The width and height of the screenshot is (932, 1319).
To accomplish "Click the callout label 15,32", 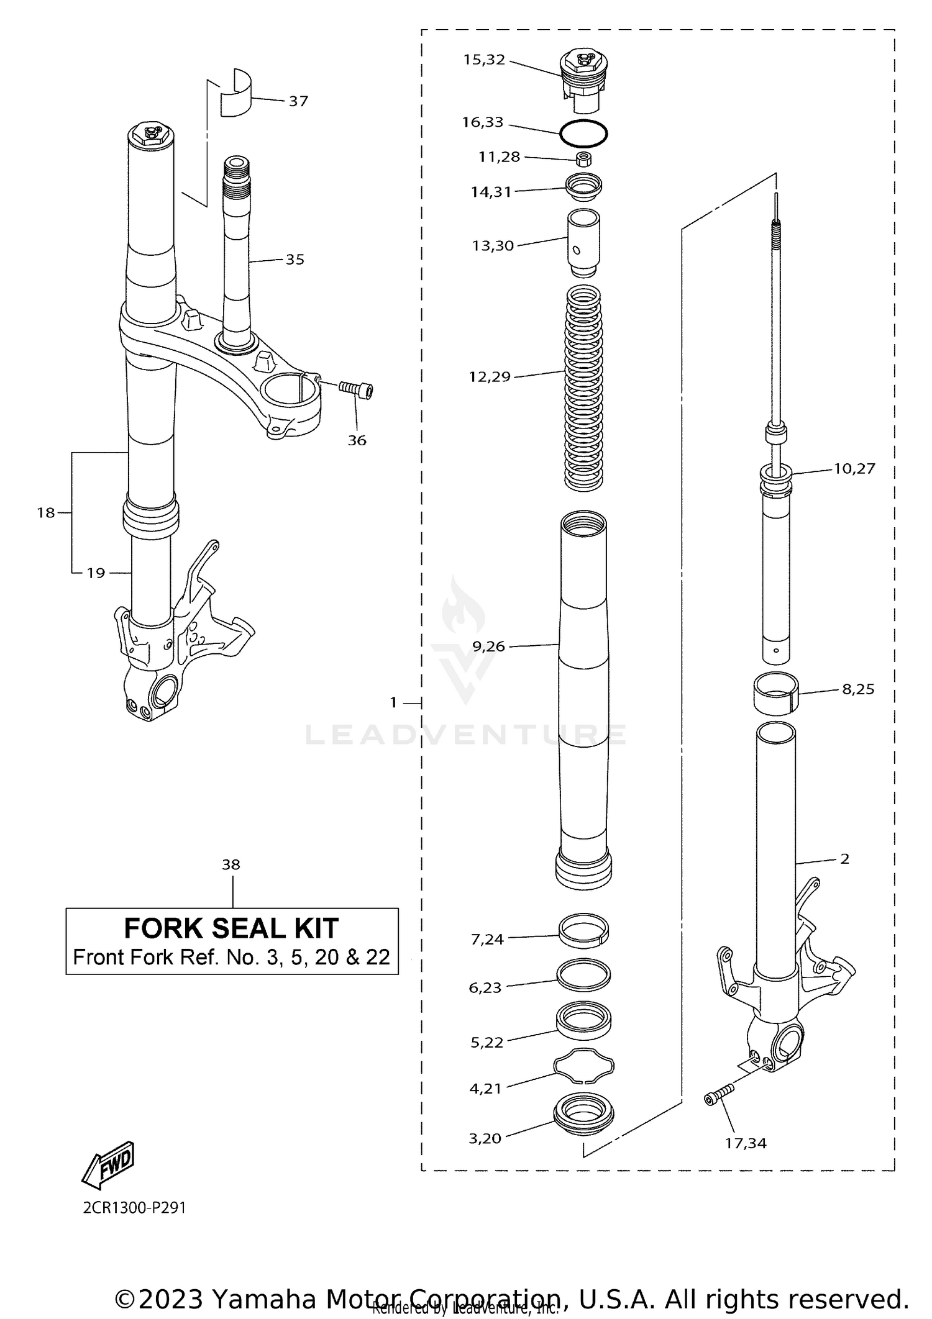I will click(x=484, y=60).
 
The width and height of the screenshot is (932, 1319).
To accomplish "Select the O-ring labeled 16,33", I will click(x=583, y=133).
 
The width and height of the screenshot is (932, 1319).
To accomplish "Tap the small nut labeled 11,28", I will click(x=583, y=160).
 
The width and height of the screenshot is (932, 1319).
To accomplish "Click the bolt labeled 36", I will click(x=357, y=389).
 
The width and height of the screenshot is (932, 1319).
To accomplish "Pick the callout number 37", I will click(x=298, y=101).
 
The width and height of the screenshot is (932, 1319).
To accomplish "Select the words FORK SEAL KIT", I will click(x=231, y=928).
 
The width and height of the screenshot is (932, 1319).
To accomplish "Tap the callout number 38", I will click(x=231, y=864).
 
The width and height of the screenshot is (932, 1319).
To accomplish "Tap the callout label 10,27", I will click(x=854, y=469).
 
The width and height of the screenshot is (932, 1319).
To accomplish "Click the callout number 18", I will click(x=45, y=513).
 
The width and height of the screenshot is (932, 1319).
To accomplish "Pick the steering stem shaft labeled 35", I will click(x=236, y=248).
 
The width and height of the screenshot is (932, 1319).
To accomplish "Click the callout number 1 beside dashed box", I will click(x=393, y=702).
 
